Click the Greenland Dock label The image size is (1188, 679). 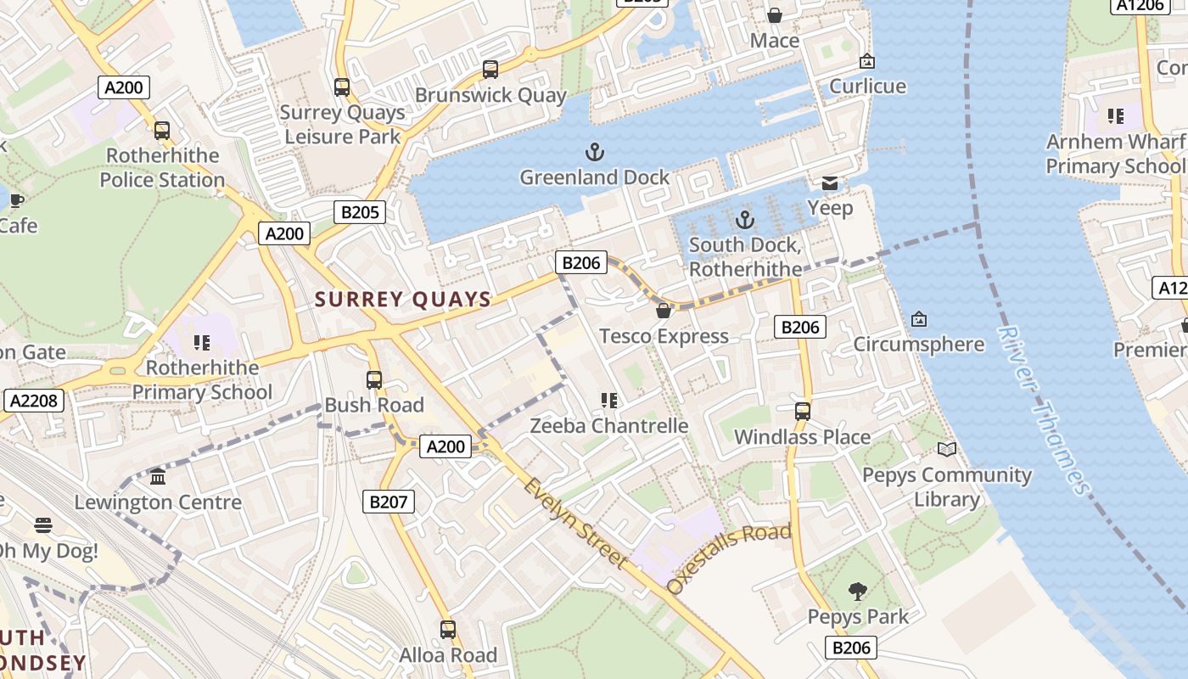pyautogui.click(x=594, y=177)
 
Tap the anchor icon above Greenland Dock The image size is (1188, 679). pyautogui.click(x=595, y=153)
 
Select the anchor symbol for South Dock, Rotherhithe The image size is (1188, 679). pyautogui.click(x=744, y=220)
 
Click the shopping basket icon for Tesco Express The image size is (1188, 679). pyautogui.click(x=664, y=311)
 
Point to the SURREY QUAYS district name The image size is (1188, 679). pyautogui.click(x=403, y=299)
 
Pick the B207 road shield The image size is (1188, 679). pyautogui.click(x=389, y=502)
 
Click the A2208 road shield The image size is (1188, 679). pyautogui.click(x=34, y=401)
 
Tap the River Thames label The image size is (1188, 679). pyautogui.click(x=1043, y=410)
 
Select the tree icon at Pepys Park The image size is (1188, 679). pyautogui.click(x=858, y=591)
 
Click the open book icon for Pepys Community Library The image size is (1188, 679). pyautogui.click(x=947, y=449)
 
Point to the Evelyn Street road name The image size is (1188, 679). pyautogui.click(x=575, y=524)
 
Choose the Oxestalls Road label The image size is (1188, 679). pyautogui.click(x=729, y=558)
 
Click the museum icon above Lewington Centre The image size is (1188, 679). pyautogui.click(x=158, y=477)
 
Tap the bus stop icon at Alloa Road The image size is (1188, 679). pyautogui.click(x=448, y=630)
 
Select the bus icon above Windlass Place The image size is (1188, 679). pyautogui.click(x=803, y=412)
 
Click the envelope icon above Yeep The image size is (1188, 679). pyautogui.click(x=830, y=183)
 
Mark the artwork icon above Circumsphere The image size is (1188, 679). pyautogui.click(x=918, y=319)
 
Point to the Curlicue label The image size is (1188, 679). pyautogui.click(x=867, y=87)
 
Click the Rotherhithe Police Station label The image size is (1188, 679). pyautogui.click(x=162, y=167)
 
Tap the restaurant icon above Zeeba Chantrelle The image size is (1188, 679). pyautogui.click(x=608, y=400)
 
